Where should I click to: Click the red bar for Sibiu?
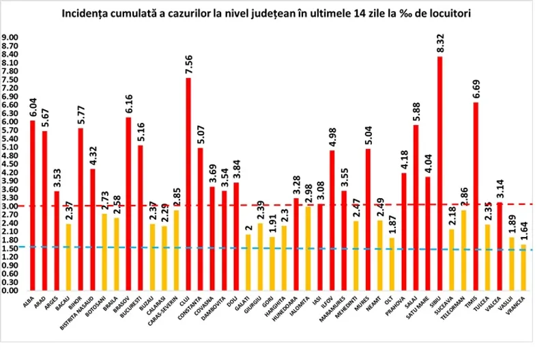coord(440,174)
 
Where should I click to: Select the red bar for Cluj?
coord(188,184)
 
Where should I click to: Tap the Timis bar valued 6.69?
coord(476,197)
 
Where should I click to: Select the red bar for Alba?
coord(32,206)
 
